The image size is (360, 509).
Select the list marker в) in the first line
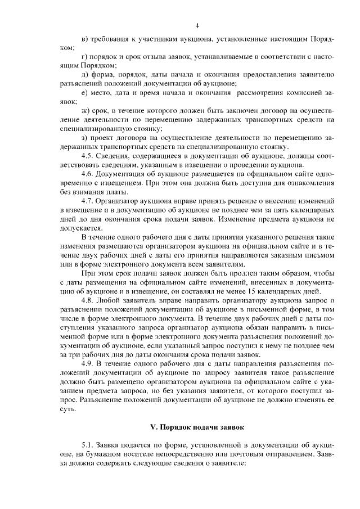pos(84,40)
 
